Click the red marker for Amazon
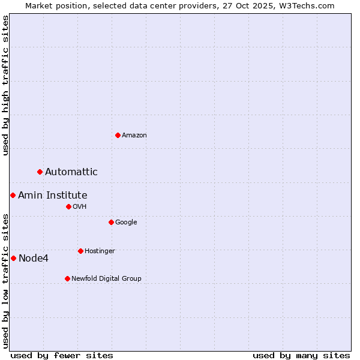(x=118, y=135)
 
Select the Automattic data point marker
(x=40, y=172)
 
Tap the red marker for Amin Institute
(x=13, y=195)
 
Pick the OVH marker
(x=68, y=206)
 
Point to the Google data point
(x=111, y=222)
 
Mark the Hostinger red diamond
(x=80, y=251)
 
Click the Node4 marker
(x=13, y=258)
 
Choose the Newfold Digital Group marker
(x=67, y=278)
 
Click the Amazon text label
(x=134, y=136)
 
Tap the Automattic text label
(x=71, y=172)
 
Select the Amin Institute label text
(x=53, y=196)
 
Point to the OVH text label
(x=80, y=207)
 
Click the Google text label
(x=126, y=223)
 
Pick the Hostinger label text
(x=100, y=251)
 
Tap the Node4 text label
(x=34, y=259)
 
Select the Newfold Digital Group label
(x=106, y=279)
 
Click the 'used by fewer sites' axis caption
(x=62, y=355)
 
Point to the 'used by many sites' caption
(x=301, y=355)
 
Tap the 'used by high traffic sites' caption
(x=5, y=85)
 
